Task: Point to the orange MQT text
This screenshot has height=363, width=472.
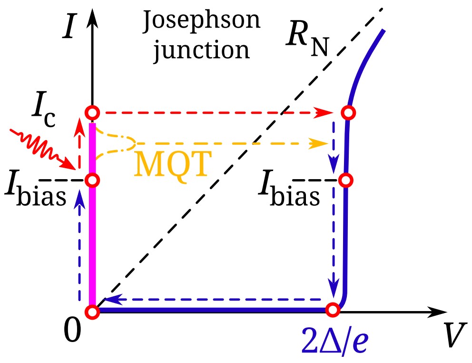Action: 173,164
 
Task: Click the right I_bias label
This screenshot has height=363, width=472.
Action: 288,189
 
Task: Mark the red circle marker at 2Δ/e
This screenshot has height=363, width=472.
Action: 333,310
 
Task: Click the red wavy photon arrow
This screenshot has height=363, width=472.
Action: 40,147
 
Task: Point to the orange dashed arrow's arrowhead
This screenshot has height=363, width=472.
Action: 324,142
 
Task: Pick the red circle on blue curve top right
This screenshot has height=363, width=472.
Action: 349,113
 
